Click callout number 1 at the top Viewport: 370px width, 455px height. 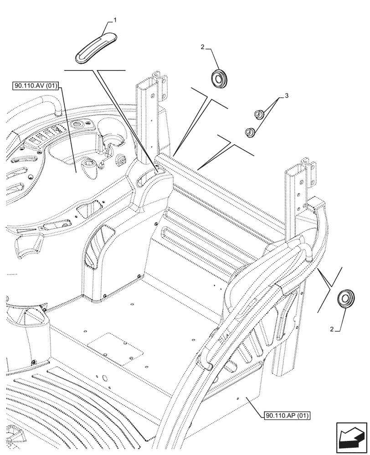(x=115, y=20)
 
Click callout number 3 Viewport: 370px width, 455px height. (x=287, y=96)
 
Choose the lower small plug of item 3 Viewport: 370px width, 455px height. (x=249, y=132)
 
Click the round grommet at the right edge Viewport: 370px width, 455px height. (x=346, y=300)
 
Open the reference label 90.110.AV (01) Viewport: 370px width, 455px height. (x=33, y=86)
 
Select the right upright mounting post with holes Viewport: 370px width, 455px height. (x=301, y=196)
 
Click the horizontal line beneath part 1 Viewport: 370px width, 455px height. (x=95, y=71)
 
